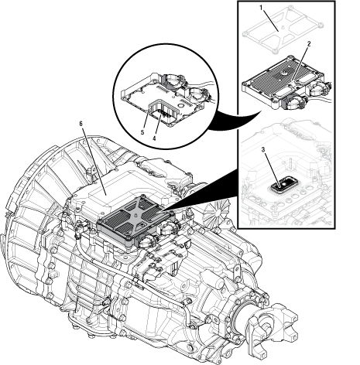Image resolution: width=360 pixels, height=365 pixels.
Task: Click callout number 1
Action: pyautogui.click(x=262, y=7)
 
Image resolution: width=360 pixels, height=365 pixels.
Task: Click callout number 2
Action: pyautogui.click(x=308, y=44)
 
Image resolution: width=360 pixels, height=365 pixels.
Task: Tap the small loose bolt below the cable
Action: pyautogui.click(x=108, y=300)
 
